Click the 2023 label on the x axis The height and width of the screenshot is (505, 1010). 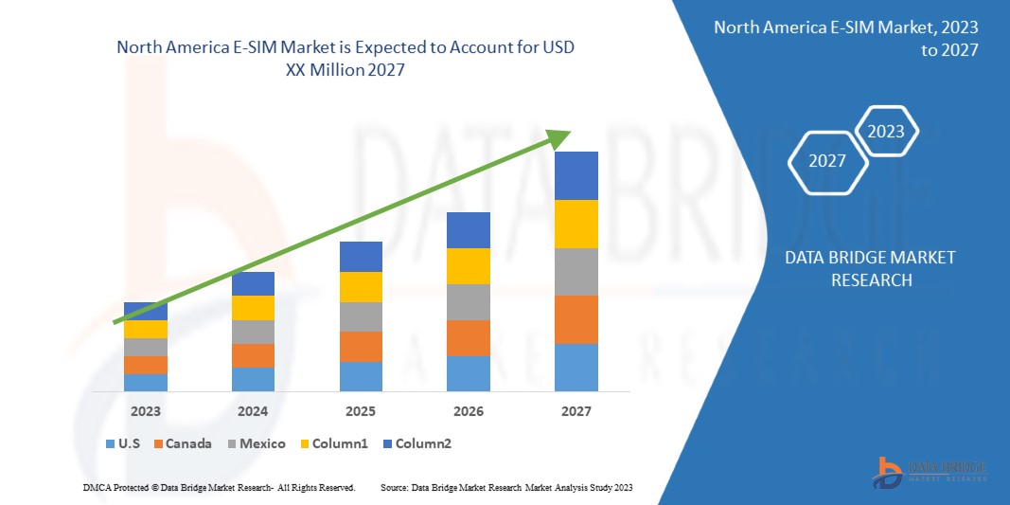146,411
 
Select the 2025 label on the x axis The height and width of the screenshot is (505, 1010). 361,411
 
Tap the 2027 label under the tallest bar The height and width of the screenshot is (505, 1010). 576,411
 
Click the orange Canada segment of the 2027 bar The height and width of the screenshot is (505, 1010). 576,319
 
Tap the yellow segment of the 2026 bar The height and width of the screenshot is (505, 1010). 469,266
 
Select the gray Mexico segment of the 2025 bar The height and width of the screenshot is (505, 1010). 361,316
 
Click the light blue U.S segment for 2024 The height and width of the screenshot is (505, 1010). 253,379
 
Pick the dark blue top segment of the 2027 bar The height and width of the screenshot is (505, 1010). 576,175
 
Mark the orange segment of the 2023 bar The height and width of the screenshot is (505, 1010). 146,365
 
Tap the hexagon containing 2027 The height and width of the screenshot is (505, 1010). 827,161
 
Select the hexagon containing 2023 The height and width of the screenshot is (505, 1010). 886,132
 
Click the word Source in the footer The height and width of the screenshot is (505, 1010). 394,487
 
